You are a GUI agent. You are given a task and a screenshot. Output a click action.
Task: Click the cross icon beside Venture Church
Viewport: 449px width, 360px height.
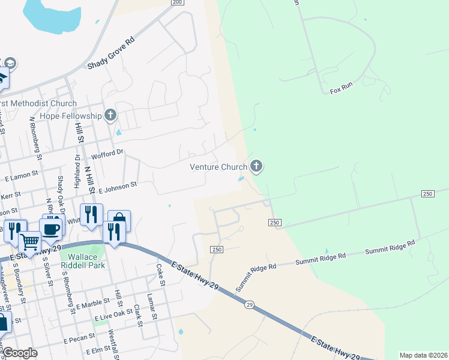point(256,166)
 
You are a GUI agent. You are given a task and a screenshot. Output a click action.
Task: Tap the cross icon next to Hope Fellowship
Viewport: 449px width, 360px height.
point(110,115)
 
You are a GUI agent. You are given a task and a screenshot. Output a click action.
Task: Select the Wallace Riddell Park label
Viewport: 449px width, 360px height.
point(83,260)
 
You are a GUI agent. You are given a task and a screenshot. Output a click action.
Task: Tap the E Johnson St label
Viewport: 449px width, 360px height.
point(118,188)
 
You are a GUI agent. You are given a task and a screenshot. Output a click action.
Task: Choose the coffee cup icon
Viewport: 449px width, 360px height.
point(50,228)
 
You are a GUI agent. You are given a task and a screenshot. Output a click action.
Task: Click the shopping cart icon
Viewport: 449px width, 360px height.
point(29,242)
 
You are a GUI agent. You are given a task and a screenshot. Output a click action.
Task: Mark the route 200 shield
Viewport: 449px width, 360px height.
point(176,2)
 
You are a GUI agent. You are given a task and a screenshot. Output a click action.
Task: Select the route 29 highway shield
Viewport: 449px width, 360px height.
point(249,305)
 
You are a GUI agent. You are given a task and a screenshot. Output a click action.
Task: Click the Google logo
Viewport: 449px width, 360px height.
point(20,353)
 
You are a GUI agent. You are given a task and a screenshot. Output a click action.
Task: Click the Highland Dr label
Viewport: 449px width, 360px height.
point(77,171)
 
